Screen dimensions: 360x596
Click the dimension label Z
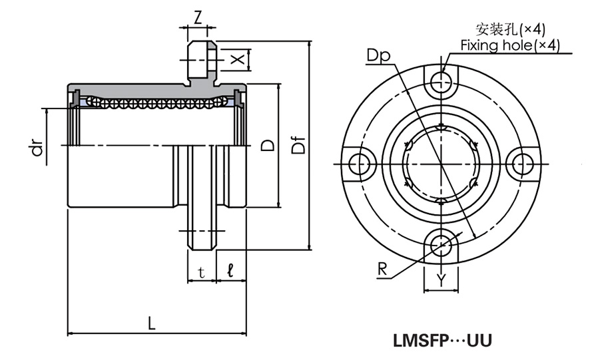pos(198,17)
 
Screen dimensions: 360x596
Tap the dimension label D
pos(268,145)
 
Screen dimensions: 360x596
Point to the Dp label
pos(377,55)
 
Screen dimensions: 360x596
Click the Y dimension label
pos(441,280)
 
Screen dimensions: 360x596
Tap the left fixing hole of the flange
pos(359,164)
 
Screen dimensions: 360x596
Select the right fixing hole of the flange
pos(523,164)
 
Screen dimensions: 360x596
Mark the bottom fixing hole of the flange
pos(441,245)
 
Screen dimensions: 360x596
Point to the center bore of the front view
pos(441,164)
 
